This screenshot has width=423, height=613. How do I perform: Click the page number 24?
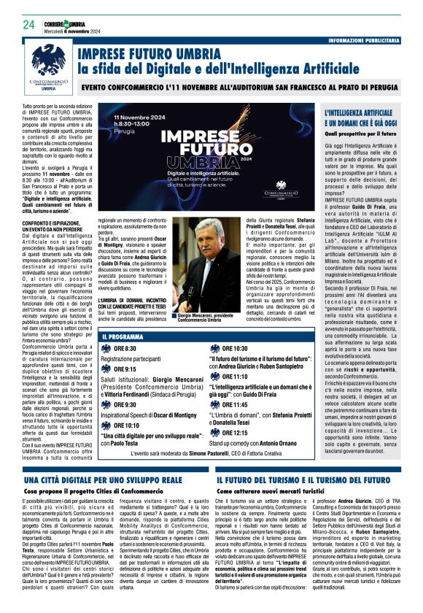tap(28, 25)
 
